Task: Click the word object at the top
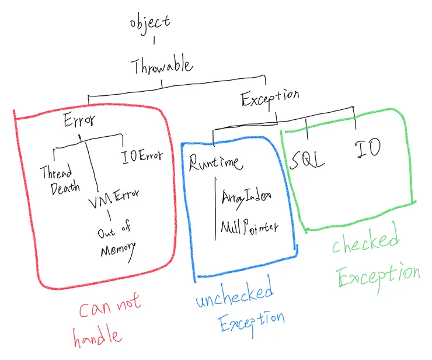(150, 22)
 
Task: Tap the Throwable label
(162, 66)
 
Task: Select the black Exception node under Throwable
(270, 98)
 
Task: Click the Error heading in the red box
(79, 122)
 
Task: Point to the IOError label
(142, 157)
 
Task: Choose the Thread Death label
(56, 180)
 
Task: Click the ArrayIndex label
(246, 197)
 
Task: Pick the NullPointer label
(249, 226)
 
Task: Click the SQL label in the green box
(307, 159)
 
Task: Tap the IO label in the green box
(368, 149)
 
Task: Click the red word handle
(97, 335)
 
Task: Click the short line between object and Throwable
(154, 41)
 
